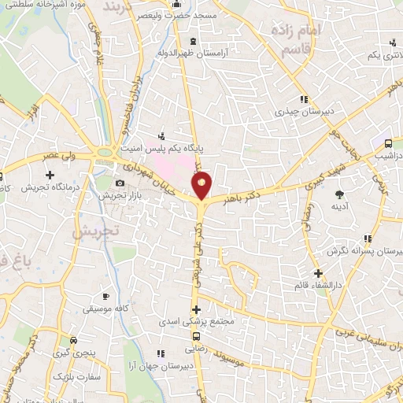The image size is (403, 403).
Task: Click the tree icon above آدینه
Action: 340,194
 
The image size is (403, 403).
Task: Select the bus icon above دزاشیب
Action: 388,143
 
